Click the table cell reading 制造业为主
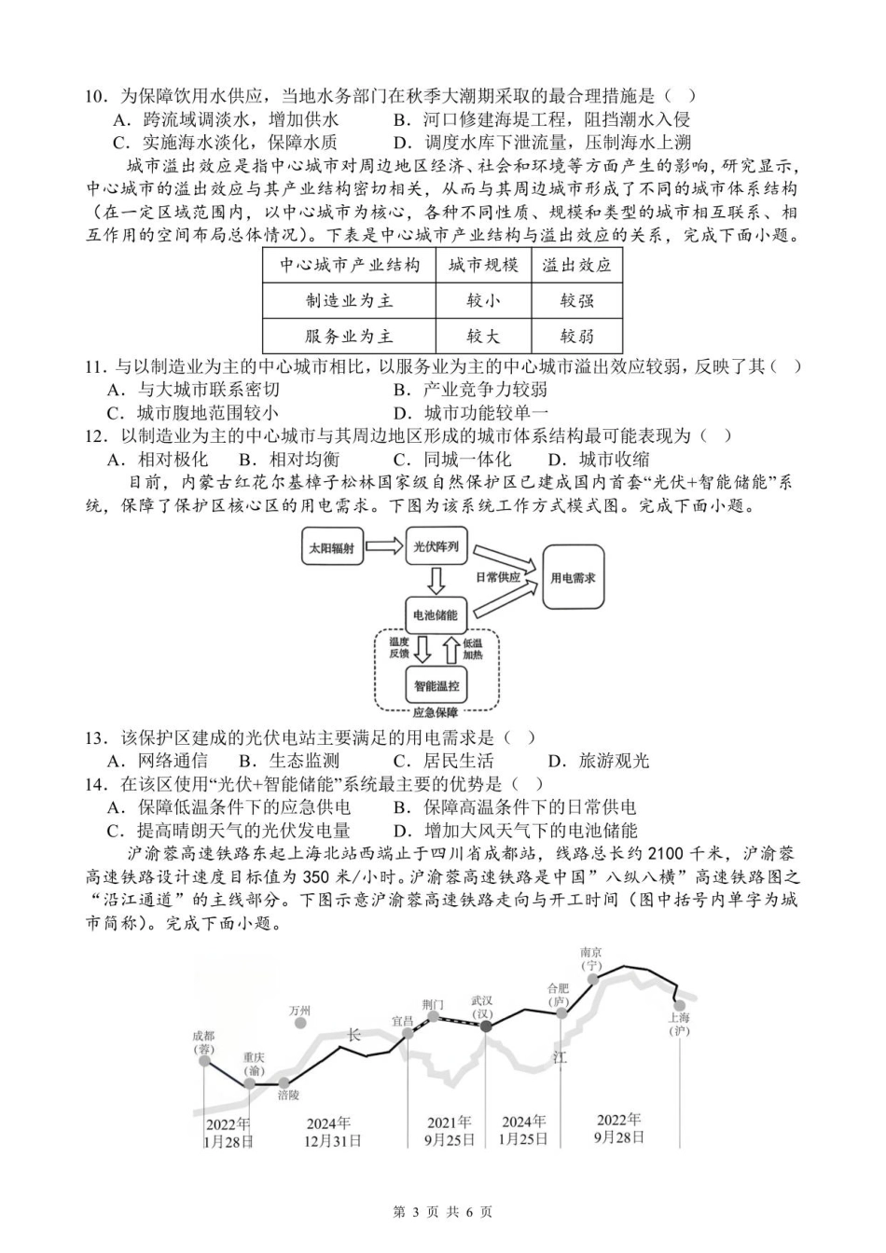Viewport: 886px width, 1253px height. pyautogui.click(x=349, y=300)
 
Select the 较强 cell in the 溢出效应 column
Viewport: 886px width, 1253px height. pyautogui.click(x=576, y=300)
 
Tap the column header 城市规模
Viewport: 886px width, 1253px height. pyautogui.click(x=482, y=265)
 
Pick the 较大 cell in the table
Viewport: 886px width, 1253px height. pyautogui.click(x=482, y=336)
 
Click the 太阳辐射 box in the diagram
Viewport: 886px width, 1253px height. pyautogui.click(x=331, y=548)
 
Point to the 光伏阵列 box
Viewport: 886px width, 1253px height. pyautogui.click(x=436, y=546)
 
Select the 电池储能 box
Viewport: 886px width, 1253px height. pyautogui.click(x=436, y=614)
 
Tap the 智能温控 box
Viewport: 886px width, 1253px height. pyautogui.click(x=436, y=685)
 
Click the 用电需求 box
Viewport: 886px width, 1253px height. pyautogui.click(x=573, y=578)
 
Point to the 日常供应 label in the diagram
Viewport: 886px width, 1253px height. pyautogui.click(x=498, y=577)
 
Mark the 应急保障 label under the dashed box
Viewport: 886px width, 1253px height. pyautogui.click(x=436, y=713)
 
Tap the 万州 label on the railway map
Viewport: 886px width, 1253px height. pyautogui.click(x=299, y=1011)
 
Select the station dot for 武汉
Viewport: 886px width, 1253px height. pyautogui.click(x=485, y=1026)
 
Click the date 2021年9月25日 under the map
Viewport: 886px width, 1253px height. pyautogui.click(x=450, y=1131)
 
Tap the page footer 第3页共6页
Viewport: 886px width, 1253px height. pyautogui.click(x=443, y=1212)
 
